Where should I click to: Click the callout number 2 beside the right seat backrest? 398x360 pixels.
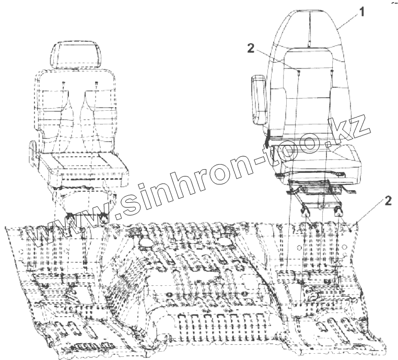click(x=251, y=49)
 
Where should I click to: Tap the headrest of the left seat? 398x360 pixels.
click(x=76, y=54)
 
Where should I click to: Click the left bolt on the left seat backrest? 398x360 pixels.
click(x=63, y=84)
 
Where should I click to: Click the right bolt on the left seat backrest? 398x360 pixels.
click(x=96, y=84)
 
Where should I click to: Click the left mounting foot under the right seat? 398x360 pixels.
click(x=304, y=210)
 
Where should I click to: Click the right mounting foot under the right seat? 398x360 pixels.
click(x=338, y=210)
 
